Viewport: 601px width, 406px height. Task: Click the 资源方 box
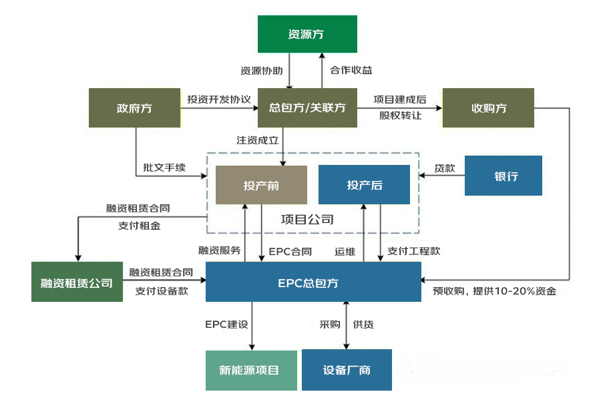(308, 34)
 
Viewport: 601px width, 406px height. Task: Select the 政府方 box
(134, 108)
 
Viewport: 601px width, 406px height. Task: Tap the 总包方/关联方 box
(308, 108)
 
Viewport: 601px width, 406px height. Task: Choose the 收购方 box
(489, 108)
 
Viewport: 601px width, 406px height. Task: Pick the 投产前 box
(261, 185)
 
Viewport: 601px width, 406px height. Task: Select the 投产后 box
(364, 185)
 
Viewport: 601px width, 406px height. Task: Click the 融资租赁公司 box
(77, 282)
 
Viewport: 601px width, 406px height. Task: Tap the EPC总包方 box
(313, 282)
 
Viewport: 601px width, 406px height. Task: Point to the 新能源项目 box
(250, 370)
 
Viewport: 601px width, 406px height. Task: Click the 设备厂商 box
(347, 370)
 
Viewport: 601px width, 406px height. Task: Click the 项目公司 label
(307, 219)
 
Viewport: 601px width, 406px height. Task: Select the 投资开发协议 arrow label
(219, 99)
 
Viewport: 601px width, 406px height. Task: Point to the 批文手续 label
(164, 168)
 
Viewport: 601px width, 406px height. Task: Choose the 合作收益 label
(351, 70)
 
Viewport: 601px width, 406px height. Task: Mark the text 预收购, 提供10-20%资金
(494, 291)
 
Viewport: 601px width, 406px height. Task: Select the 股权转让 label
(401, 115)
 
